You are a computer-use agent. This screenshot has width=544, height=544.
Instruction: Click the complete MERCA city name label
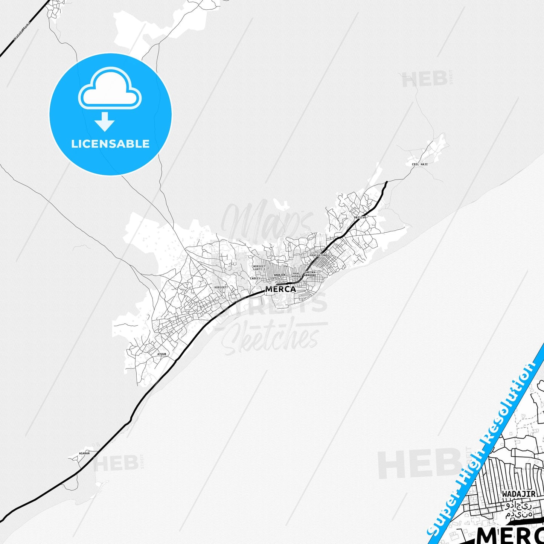pos(280,290)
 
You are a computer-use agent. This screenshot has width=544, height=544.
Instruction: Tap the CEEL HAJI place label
pos(419,164)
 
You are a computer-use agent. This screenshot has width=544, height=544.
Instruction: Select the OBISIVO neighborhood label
pos(360,218)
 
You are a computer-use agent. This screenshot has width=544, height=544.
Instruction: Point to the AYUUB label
pos(162,354)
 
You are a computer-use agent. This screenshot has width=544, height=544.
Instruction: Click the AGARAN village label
pos(84,453)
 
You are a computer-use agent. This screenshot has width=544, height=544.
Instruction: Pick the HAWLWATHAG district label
pos(318,255)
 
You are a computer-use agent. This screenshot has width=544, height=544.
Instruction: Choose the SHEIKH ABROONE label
pos(310,274)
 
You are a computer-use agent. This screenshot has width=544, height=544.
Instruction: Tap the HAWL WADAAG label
pos(297,275)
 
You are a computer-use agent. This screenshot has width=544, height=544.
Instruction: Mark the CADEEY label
pos(255,279)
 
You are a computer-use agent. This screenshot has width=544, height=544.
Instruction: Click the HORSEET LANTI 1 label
pos(259,268)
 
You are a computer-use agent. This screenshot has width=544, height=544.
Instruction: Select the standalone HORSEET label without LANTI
pos(221,288)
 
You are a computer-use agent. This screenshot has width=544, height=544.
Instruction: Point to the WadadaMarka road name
pos(21,31)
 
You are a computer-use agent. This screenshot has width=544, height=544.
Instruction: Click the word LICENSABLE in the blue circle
pos(110,144)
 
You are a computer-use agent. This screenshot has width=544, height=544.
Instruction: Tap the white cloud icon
pos(110,90)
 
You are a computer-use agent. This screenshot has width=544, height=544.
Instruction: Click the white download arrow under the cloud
pos(105,121)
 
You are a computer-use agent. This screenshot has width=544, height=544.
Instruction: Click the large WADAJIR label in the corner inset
pos(518,494)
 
